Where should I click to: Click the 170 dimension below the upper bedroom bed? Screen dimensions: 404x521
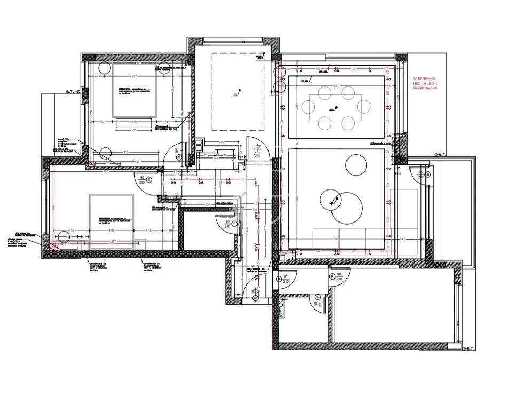[x=133, y=122]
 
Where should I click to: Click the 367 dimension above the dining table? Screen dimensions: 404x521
[x=336, y=85]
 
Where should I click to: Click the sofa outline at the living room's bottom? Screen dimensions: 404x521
[x=348, y=241]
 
